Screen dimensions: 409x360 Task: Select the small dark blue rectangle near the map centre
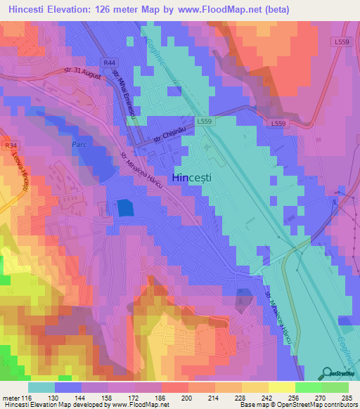click(124, 207)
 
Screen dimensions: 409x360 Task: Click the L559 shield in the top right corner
click(342, 42)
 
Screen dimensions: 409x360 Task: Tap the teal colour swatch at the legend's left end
click(41, 387)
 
